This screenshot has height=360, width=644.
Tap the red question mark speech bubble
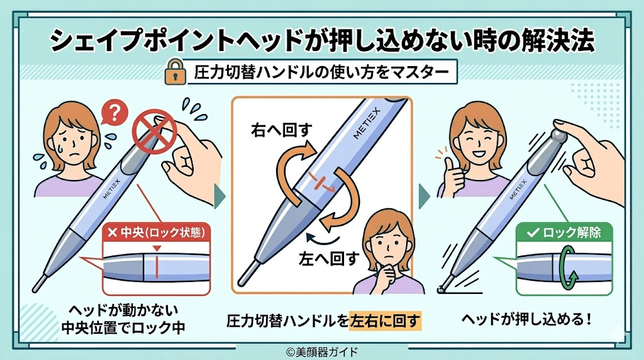click(x=114, y=112)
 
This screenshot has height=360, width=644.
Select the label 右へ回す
click(x=282, y=130)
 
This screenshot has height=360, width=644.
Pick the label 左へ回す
click(x=329, y=259)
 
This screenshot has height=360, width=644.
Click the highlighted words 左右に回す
click(x=385, y=320)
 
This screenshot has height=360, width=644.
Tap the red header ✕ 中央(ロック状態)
click(x=156, y=233)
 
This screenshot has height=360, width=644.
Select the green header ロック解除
click(x=564, y=233)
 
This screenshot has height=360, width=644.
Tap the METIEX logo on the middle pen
click(x=367, y=124)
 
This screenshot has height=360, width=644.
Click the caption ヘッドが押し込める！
click(x=526, y=319)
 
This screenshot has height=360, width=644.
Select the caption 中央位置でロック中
click(x=123, y=328)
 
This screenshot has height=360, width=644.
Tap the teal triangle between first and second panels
click(x=219, y=196)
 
